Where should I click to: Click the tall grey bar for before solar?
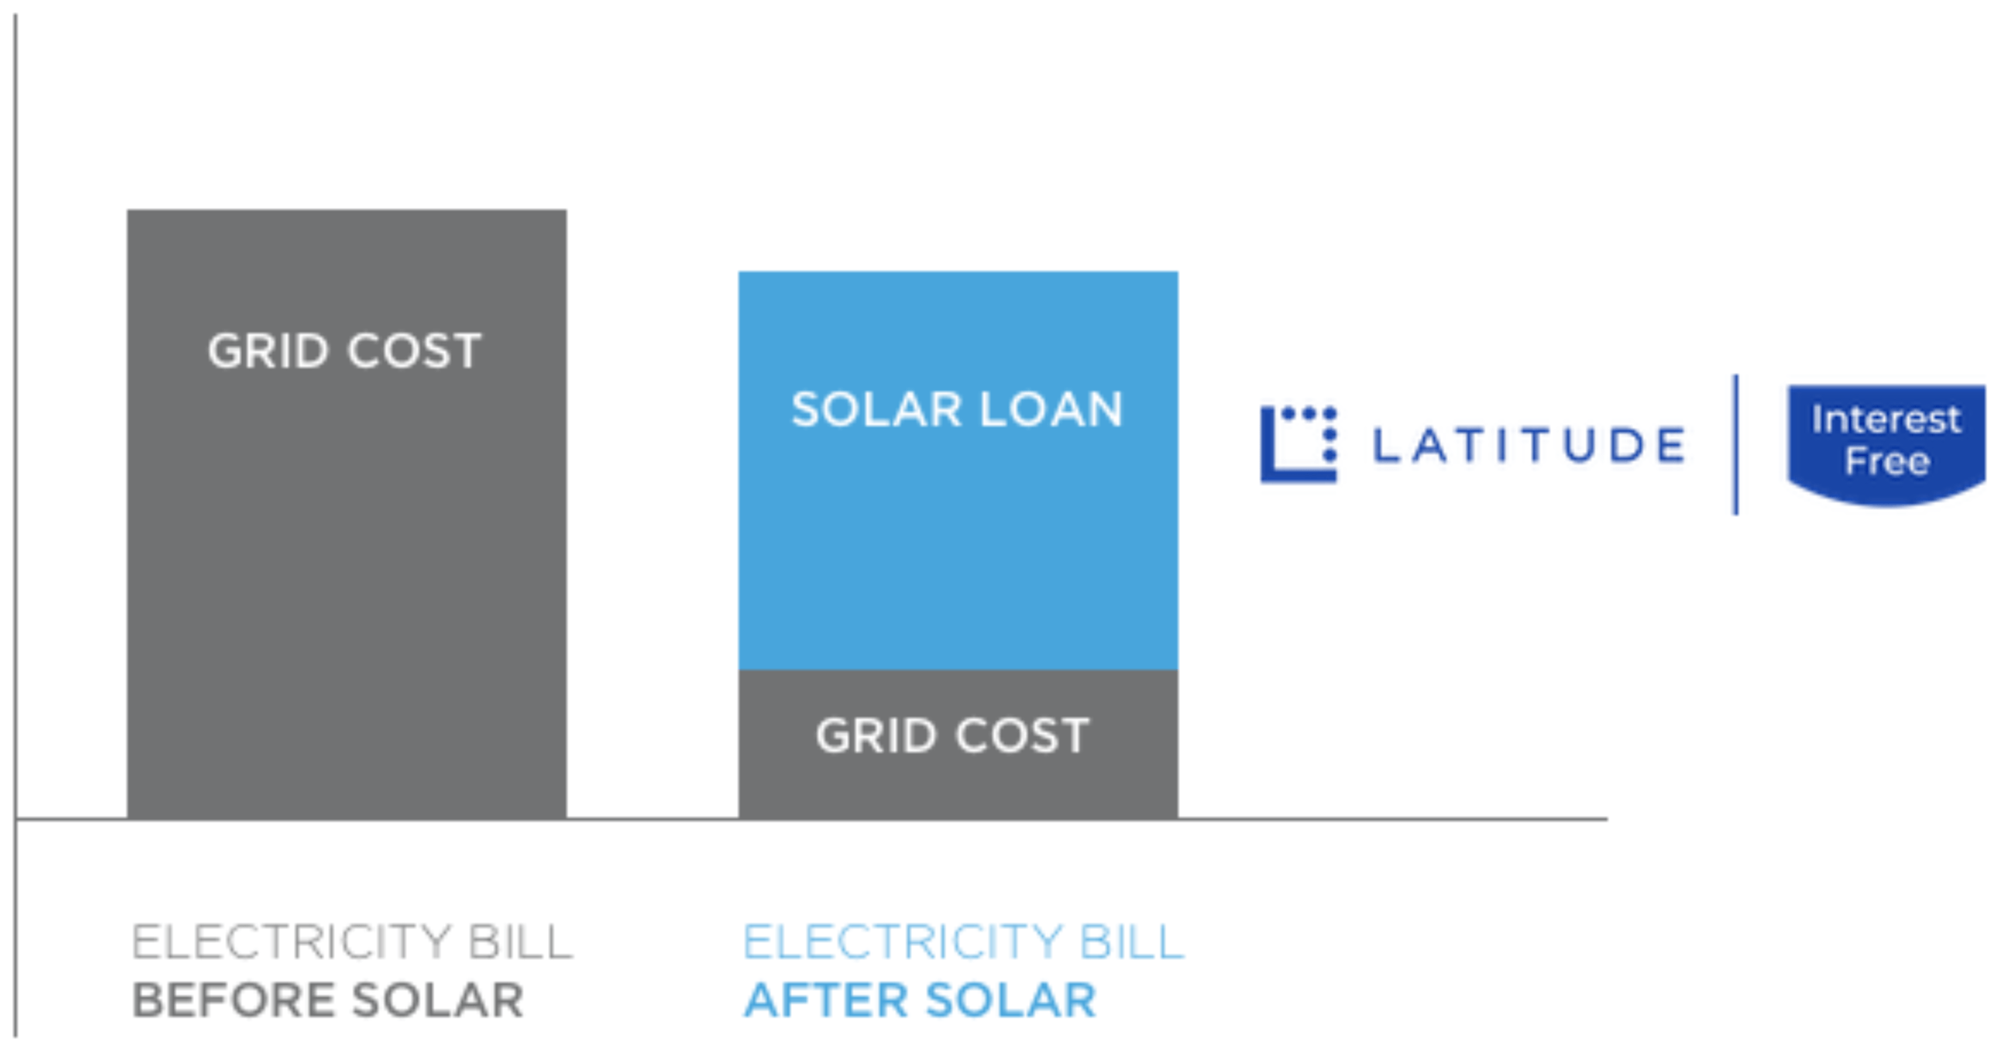347,514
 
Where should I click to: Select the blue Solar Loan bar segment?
958,471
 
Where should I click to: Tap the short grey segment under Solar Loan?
958,745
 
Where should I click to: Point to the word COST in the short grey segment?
1022,736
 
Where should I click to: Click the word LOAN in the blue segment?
1051,409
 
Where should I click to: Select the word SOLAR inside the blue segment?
876,409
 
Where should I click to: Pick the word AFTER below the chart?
825,1000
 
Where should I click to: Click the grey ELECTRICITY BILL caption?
352,942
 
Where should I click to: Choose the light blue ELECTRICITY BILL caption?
964,942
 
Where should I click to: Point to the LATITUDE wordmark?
1529,445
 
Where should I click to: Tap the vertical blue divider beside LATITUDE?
1736,445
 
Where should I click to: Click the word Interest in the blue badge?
1887,420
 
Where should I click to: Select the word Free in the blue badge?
1888,462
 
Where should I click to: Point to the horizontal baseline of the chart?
812,819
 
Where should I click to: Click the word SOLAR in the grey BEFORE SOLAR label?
438,1000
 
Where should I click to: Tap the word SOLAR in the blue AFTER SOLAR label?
1011,1000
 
